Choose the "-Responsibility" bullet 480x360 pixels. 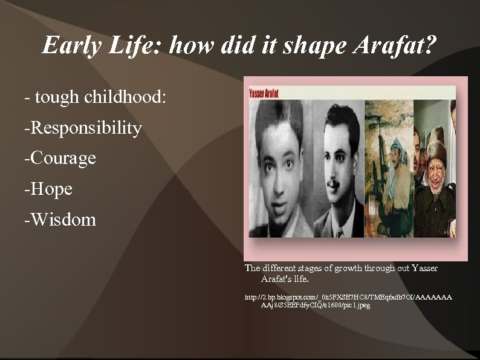(83, 128)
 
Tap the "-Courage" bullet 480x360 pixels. (60, 159)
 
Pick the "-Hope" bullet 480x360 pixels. (48, 189)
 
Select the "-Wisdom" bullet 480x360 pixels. (60, 220)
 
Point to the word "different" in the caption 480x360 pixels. (278, 268)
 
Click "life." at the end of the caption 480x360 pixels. (300, 279)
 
